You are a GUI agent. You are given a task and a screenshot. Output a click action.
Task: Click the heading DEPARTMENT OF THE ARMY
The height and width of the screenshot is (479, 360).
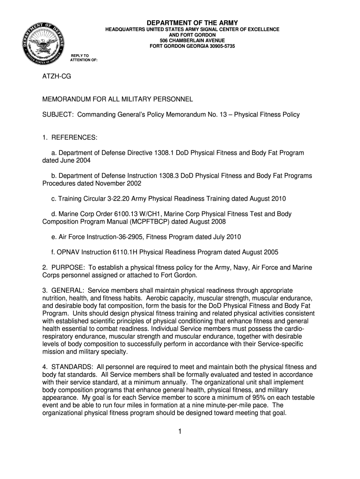[x=192, y=22]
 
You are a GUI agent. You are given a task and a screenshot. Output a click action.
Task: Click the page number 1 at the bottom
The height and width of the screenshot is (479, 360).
[x=180, y=431]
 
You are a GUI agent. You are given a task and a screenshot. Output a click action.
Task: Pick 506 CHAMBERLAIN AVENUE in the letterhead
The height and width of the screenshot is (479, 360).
[x=192, y=41]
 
